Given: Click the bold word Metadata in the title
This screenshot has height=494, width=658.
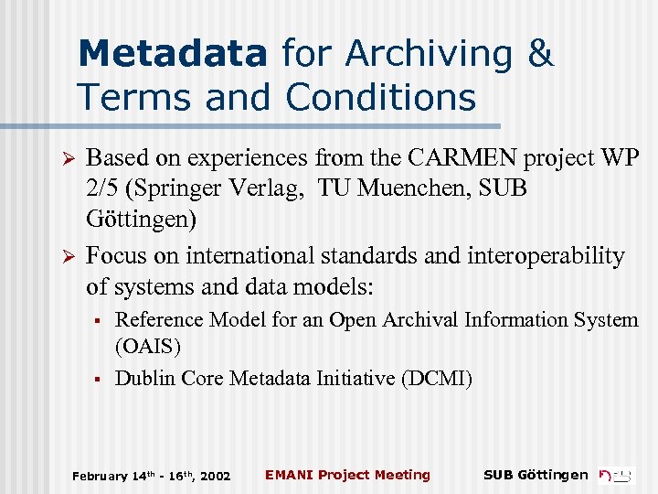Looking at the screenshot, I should pos(173,53).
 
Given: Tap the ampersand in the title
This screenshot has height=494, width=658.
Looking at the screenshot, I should pos(540,53).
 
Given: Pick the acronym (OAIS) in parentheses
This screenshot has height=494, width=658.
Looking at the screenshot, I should pos(148,347).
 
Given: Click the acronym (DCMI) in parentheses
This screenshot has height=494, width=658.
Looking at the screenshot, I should pos(437,378).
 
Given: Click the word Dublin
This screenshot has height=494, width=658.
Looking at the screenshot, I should pos(144,378).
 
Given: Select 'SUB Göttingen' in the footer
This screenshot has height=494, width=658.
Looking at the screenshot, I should pos(536,475).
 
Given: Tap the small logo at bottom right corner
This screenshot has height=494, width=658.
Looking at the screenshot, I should pos(616,474).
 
